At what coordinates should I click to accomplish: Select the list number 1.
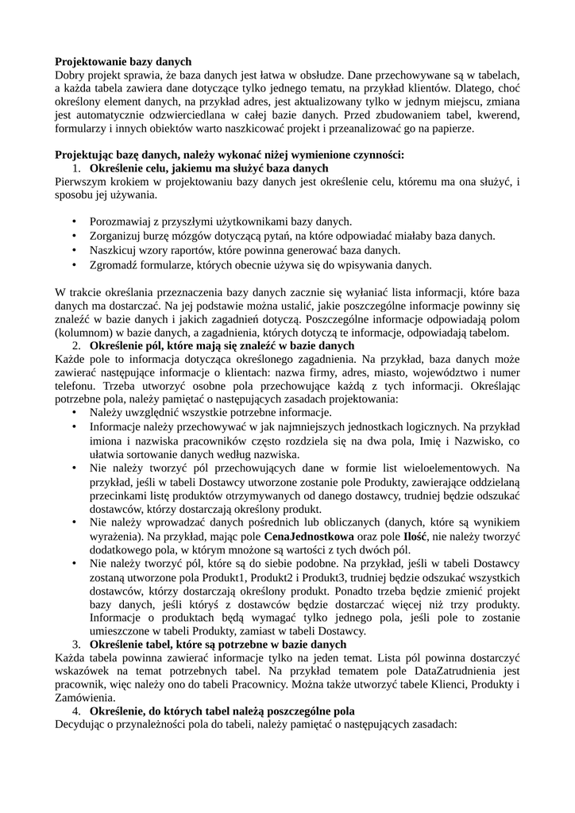(x=76, y=168)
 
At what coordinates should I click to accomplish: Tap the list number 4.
(x=76, y=711)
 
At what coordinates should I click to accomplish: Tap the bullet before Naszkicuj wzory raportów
(x=75, y=250)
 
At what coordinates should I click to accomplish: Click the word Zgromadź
(x=114, y=264)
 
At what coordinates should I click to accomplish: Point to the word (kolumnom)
(x=84, y=332)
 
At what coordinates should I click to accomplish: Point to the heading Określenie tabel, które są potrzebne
(x=218, y=644)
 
